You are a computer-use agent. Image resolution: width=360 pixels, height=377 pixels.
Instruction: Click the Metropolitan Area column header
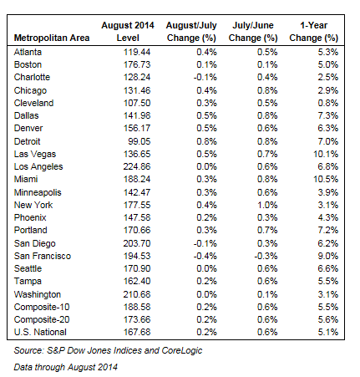(x=52, y=38)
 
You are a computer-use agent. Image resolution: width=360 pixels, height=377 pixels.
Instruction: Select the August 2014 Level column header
(x=128, y=32)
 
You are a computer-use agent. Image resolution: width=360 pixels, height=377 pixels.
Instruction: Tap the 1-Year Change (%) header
(x=314, y=32)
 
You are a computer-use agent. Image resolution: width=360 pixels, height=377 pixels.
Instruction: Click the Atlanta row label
(x=28, y=52)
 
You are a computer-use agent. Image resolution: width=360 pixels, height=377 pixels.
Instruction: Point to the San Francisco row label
(x=43, y=256)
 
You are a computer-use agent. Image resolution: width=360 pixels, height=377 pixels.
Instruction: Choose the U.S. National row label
(x=40, y=332)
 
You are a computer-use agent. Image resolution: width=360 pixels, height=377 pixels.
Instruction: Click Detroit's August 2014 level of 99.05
(x=139, y=141)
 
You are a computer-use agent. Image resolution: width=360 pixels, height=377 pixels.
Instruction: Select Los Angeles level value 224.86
(x=137, y=166)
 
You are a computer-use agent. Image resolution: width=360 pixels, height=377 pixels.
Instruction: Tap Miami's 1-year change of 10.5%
(x=326, y=179)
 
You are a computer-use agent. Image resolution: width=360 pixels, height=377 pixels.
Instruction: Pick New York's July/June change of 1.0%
(x=267, y=205)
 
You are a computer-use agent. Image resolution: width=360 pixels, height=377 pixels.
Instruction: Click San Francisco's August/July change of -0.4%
(x=205, y=256)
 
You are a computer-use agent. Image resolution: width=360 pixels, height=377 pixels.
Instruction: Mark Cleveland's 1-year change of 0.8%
(x=328, y=103)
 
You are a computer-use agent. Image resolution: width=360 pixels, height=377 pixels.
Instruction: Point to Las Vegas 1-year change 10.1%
(x=326, y=154)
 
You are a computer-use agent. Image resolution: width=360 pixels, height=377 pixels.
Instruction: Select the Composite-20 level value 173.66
(x=137, y=319)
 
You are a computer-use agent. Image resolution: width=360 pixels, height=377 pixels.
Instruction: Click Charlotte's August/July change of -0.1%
(x=205, y=77)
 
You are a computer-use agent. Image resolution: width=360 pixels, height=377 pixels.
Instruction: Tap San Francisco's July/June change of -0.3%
(x=266, y=256)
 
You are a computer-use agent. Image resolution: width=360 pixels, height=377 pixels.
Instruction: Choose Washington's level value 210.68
(x=137, y=294)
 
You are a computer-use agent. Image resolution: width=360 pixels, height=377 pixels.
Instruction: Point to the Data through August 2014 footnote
(x=66, y=367)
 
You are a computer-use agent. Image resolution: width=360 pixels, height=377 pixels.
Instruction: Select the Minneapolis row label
(x=38, y=192)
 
